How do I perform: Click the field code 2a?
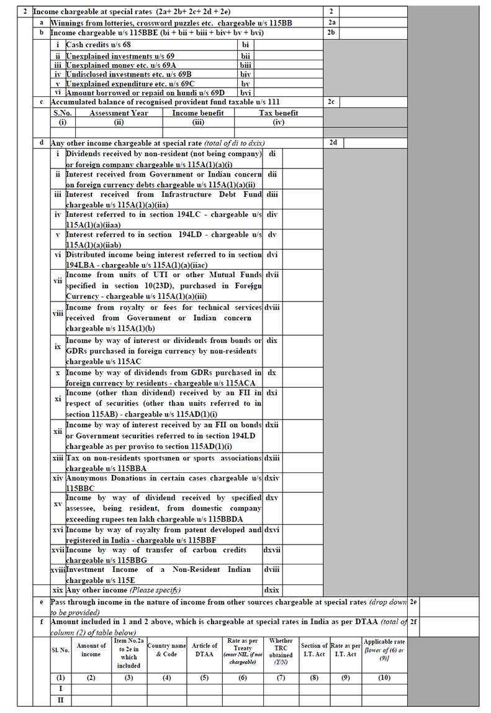[x=332, y=22]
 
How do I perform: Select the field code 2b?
[x=332, y=32]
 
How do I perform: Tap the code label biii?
[x=245, y=64]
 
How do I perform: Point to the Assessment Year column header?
[x=119, y=113]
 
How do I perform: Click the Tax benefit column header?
[x=278, y=113]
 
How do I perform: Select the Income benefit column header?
[x=198, y=113]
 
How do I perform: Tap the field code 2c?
[x=332, y=101]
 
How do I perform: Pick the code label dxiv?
[x=272, y=479]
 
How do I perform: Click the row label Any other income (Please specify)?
[x=124, y=589]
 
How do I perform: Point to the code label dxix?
[x=272, y=589]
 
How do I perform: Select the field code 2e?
[x=413, y=602]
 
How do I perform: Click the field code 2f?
[x=413, y=622]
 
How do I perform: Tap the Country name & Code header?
[x=166, y=650]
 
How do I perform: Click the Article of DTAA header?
[x=205, y=650]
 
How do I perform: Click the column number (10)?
[x=385, y=677]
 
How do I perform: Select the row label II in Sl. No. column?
[x=60, y=700]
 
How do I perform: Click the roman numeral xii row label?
[x=58, y=431]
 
